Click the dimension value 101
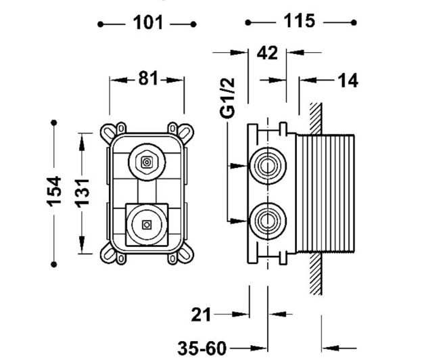[x=148, y=23]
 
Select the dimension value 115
[x=300, y=21]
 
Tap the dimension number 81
[x=147, y=79]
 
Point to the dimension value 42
[x=268, y=53]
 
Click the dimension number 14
[x=348, y=81]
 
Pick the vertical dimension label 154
[x=55, y=191]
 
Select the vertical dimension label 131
[x=83, y=192]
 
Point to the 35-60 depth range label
[x=202, y=348]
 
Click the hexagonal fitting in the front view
[x=146, y=162]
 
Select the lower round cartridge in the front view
[x=145, y=223]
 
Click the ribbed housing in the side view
[x=325, y=192]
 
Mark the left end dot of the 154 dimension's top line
[x=55, y=122]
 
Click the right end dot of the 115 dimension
[x=354, y=22]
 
